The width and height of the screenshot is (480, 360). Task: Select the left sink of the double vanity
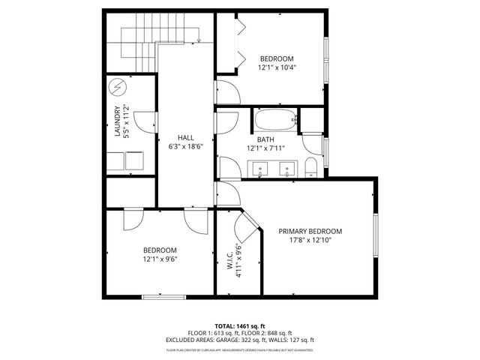click(x=260, y=169)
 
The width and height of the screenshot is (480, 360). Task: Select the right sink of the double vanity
click(x=286, y=169)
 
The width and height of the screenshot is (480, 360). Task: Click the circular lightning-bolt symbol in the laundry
click(x=117, y=88)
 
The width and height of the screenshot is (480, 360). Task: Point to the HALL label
click(x=186, y=138)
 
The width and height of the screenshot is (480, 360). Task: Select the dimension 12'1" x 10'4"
click(x=277, y=67)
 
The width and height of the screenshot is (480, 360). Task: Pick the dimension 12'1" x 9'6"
click(x=160, y=259)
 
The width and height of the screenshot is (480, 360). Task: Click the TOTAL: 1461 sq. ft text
click(x=239, y=325)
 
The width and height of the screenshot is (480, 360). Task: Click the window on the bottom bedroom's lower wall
click(x=163, y=298)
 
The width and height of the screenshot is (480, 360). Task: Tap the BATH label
click(x=265, y=139)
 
